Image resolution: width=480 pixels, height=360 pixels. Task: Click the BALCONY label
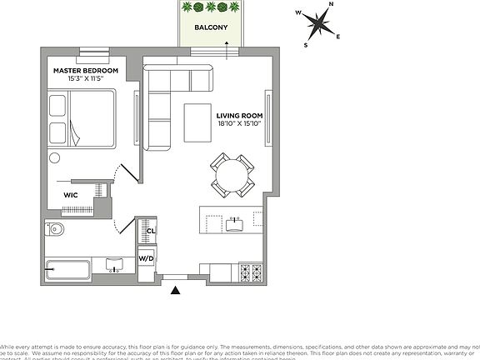coord(211,27)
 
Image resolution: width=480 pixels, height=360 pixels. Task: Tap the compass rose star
coord(317,23)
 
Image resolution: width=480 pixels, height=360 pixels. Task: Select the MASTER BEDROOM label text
coord(86,71)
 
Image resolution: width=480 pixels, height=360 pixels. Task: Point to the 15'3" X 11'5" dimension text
coord(86,79)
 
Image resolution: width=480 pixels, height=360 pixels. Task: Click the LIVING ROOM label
coord(239,116)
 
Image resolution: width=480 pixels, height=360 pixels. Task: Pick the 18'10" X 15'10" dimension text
coord(239,124)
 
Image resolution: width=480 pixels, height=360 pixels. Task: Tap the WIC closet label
coord(72,195)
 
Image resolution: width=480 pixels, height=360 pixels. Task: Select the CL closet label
coord(151,231)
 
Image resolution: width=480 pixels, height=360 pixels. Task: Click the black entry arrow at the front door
coord(176,290)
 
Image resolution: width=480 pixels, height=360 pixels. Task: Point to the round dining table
coord(231,175)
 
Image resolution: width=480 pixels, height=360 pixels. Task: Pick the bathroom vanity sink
coord(115,266)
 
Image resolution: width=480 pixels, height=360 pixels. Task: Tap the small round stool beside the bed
coord(55,157)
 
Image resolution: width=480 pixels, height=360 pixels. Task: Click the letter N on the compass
coord(331,5)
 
